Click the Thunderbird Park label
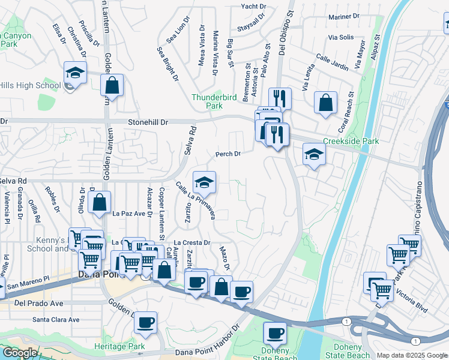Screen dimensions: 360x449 pos(207,101)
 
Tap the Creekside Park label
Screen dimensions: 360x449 pos(351,141)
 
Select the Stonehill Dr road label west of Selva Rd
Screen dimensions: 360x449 pos(148,121)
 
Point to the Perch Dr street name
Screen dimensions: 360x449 pos(228,154)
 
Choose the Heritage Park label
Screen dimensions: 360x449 pos(120,347)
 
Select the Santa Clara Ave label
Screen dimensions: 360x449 pos(56,320)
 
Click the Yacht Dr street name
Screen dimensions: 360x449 pos(253,6)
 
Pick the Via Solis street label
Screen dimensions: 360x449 pos(340,37)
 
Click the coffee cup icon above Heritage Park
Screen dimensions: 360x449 pos(146,323)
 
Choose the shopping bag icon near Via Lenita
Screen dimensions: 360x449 pos(325,102)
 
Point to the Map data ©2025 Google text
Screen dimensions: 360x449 pos(411,355)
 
